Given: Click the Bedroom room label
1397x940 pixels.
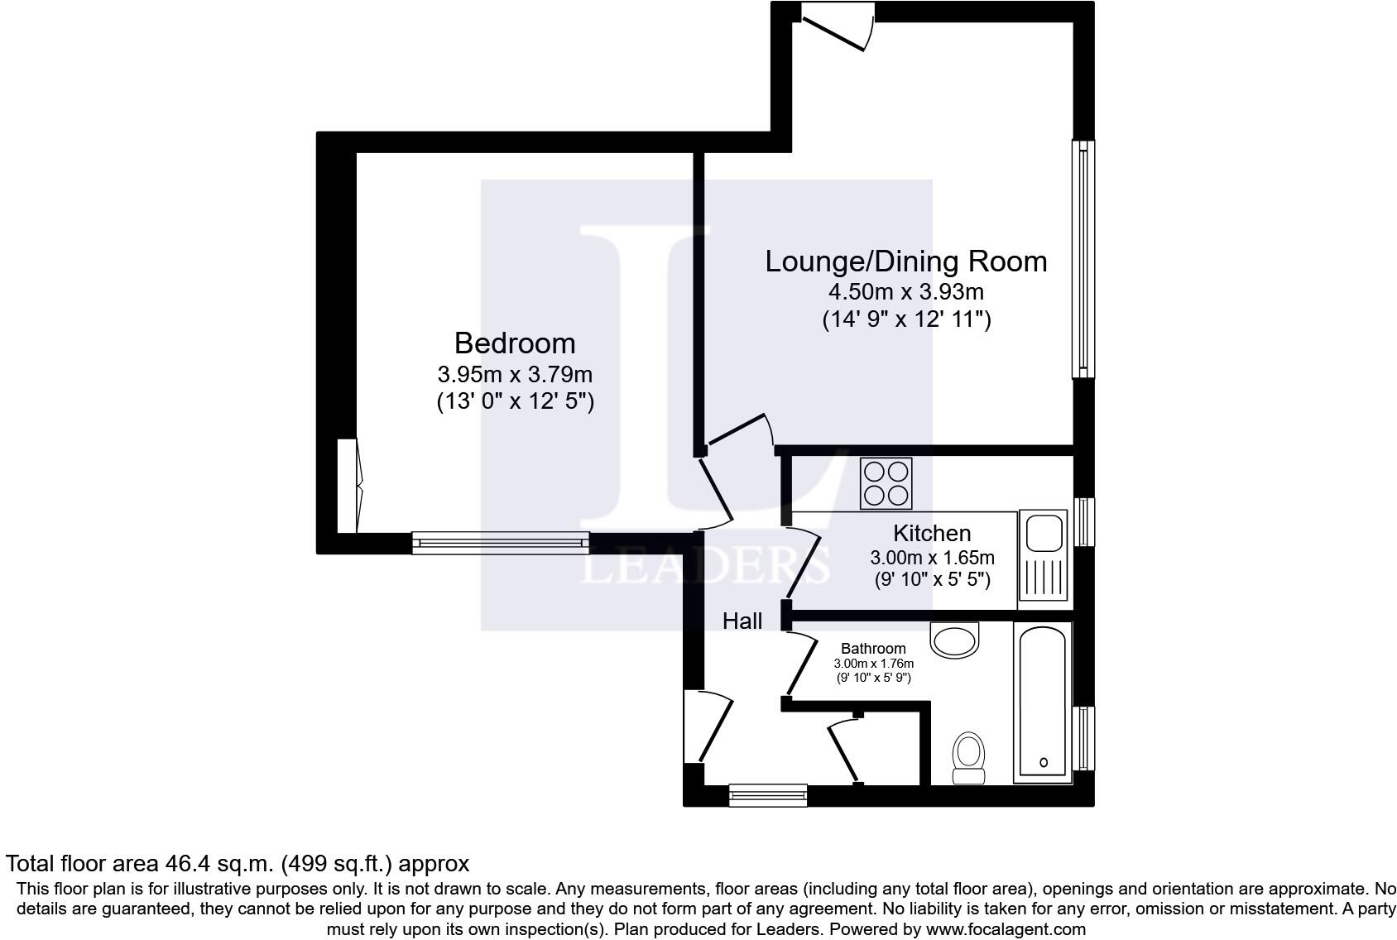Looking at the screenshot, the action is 515,343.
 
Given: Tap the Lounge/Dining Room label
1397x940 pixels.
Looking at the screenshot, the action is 906,261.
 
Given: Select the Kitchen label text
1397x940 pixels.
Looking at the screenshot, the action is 932,534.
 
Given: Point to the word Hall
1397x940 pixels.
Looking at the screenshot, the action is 742,621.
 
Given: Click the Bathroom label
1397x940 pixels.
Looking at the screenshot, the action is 873,649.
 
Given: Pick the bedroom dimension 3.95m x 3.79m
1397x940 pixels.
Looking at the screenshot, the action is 515,374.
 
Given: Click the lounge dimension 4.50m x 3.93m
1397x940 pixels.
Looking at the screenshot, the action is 906,291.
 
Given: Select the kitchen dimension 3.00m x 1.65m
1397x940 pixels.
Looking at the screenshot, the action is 932,558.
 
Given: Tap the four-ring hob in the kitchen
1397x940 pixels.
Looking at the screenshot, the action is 886,483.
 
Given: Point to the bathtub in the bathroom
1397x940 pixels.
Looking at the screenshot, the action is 1043,702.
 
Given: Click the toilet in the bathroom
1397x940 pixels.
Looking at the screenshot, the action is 968,758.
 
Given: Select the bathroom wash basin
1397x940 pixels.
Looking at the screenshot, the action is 954,640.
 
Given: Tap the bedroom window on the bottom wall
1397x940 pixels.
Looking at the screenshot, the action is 500,543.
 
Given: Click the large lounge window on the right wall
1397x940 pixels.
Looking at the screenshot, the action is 1083,259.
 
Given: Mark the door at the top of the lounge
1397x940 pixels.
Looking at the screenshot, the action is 838,25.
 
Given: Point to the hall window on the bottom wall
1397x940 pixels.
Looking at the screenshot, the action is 768,795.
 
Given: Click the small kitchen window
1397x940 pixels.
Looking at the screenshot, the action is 1084,522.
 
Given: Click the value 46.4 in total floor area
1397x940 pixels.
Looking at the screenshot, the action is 187,864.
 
